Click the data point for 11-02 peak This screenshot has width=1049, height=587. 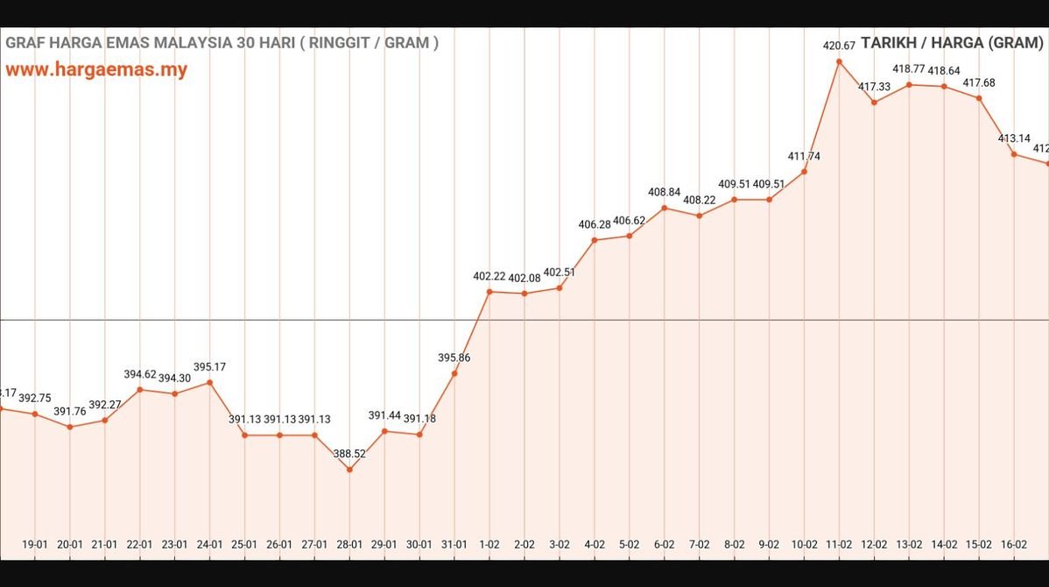click(x=839, y=61)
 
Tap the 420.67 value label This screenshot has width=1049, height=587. click(x=839, y=46)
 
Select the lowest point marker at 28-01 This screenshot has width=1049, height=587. click(x=349, y=470)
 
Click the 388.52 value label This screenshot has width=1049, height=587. click(x=349, y=454)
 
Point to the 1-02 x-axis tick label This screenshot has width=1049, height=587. click(x=489, y=544)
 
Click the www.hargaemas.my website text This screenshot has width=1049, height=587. click(x=96, y=70)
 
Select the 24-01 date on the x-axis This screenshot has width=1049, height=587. click(x=209, y=544)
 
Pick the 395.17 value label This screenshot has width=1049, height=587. click(x=209, y=367)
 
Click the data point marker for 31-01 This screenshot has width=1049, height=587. click(x=454, y=373)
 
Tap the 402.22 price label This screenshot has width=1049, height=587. click(x=489, y=276)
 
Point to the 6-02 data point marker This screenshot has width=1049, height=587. click(x=665, y=208)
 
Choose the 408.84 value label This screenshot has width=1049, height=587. click(x=665, y=192)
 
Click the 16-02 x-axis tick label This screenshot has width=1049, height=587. click(x=1014, y=544)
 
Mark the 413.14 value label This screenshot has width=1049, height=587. click(x=1014, y=138)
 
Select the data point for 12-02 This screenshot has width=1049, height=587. click(x=874, y=103)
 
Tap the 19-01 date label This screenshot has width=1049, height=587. click(x=35, y=544)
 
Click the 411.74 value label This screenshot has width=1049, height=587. click(x=804, y=156)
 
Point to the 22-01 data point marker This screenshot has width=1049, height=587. click(x=140, y=389)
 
